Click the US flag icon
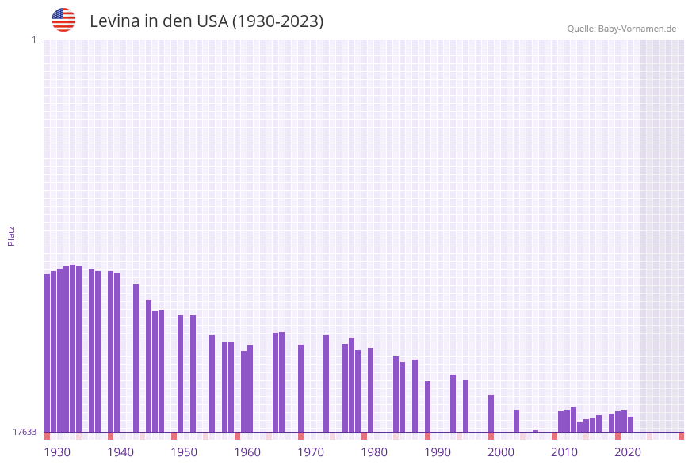pos(63,20)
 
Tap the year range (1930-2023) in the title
pos(277,21)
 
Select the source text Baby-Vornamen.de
pos(637,29)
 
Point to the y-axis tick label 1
pos(33,40)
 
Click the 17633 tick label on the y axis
pos(25,432)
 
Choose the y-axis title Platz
pos(12,235)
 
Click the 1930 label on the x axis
pos(56,452)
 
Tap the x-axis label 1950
pos(184,452)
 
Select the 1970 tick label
pos(311,452)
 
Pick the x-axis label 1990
pos(438,452)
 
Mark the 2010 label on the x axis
pos(564,452)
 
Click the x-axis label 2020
pos(628,452)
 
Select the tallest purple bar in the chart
pos(72,349)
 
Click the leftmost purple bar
pos(47,353)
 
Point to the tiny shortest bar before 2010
pos(535,431)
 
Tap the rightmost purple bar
pos(630,424)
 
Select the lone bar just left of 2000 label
pos(491,414)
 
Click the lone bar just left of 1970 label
pos(300,388)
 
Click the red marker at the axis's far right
pos(681,436)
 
